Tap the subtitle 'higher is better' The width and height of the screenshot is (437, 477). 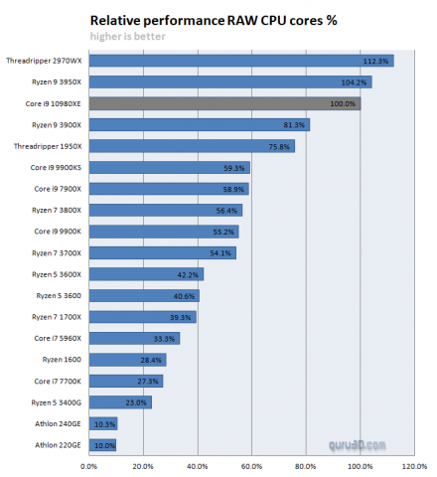(127, 37)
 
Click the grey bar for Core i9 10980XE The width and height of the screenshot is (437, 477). (224, 103)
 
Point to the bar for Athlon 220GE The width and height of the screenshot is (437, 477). (102, 445)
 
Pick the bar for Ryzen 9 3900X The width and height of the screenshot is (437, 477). (199, 124)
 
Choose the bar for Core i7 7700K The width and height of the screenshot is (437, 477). (125, 381)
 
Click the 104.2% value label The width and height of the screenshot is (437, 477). (354, 82)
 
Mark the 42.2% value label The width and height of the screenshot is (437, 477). (188, 274)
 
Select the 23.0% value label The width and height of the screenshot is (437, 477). (136, 402)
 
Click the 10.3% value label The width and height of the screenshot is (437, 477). (103, 424)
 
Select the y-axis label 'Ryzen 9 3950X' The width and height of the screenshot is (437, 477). (56, 82)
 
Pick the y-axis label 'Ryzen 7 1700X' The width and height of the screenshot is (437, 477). (56, 317)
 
